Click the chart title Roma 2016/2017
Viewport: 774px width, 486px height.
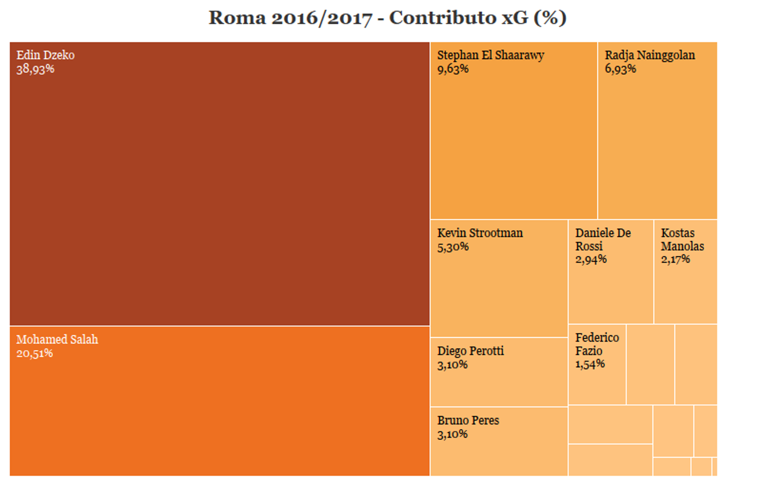291,18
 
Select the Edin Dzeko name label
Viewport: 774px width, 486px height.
46,55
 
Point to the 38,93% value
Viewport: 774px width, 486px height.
35,69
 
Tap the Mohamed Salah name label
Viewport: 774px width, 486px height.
58,339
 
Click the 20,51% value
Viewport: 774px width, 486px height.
34,353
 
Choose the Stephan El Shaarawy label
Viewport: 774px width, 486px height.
491,55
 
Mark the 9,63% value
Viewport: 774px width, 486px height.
453,69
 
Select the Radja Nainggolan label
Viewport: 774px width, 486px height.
650,55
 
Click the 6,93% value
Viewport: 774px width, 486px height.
620,69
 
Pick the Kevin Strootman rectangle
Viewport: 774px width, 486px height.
499,278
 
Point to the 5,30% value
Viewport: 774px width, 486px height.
453,247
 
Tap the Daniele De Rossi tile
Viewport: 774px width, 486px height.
611,272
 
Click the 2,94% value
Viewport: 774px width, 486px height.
591,259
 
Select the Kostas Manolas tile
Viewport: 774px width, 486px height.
685,272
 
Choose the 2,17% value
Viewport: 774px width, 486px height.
676,259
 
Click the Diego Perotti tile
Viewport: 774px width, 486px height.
499,372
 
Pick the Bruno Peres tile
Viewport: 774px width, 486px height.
499,441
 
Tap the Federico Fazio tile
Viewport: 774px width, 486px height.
597,365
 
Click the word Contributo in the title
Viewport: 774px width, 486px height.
443,18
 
